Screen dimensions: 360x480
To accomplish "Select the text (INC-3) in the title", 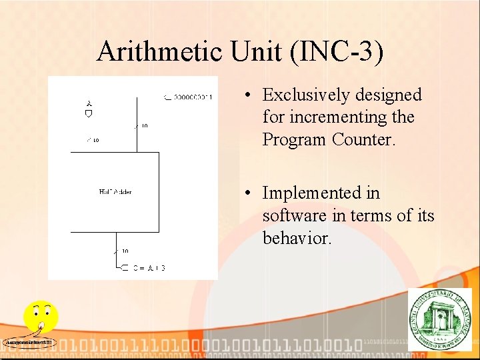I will [x=337, y=52].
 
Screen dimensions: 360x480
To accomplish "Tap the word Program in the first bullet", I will [x=295, y=140].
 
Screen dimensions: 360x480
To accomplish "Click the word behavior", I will [x=297, y=238].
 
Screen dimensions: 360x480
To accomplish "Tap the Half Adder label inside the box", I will [x=115, y=192].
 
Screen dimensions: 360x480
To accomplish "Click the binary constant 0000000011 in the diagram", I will [x=192, y=97].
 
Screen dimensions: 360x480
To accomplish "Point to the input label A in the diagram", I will [x=88, y=103].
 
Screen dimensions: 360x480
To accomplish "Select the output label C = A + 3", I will [x=149, y=268].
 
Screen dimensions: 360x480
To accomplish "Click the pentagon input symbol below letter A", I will [x=88, y=113].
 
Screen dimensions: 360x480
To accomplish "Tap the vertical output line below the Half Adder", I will [x=116, y=247].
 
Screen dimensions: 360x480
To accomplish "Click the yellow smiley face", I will [x=40, y=315].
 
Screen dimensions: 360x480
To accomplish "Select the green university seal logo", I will [x=439, y=319].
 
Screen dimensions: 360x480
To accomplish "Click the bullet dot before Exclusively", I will [x=247, y=95].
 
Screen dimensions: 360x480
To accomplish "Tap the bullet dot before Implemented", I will [x=247, y=193].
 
